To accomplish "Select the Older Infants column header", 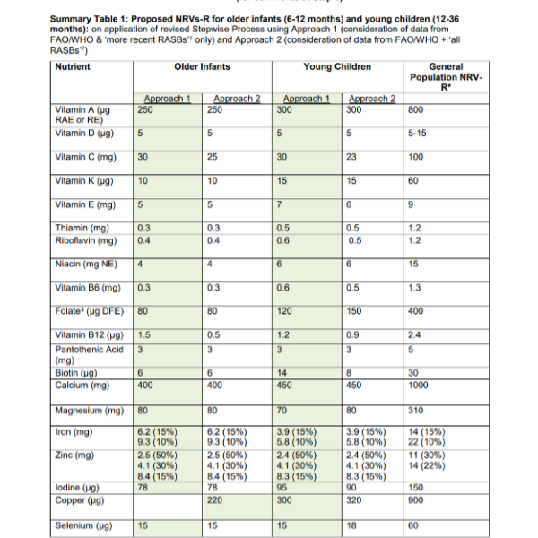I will tap(203, 67).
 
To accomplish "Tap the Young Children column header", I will tap(337, 67).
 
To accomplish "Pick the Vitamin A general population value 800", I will tap(415, 109).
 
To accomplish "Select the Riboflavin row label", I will tap(83, 240).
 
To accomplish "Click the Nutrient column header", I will tap(73, 67).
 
